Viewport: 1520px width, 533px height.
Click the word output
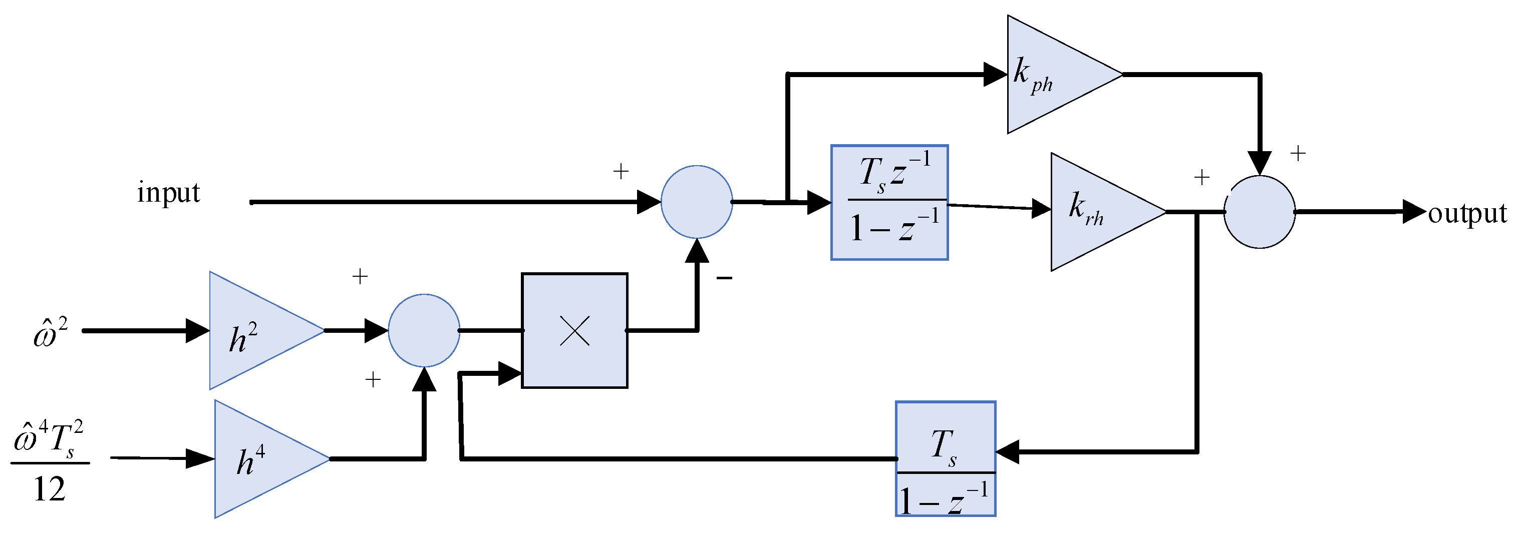(1467, 213)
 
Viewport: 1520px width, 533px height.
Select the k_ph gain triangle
(1050, 75)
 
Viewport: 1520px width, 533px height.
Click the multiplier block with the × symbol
(574, 331)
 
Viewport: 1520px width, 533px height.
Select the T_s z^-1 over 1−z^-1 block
(889, 202)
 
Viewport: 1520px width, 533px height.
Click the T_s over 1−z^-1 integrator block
(945, 459)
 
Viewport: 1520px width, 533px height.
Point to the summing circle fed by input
(696, 202)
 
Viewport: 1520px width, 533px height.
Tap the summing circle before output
(1259, 212)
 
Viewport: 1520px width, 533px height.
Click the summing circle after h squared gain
(424, 331)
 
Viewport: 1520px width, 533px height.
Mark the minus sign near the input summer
(724, 278)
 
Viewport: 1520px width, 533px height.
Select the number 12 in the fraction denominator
(49, 490)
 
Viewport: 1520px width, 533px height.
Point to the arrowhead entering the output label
(1414, 212)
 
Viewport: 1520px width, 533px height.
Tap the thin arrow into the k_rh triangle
(1041, 208)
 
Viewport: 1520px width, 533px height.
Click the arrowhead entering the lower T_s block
(1007, 452)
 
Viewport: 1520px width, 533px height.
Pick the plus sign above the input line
(621, 172)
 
